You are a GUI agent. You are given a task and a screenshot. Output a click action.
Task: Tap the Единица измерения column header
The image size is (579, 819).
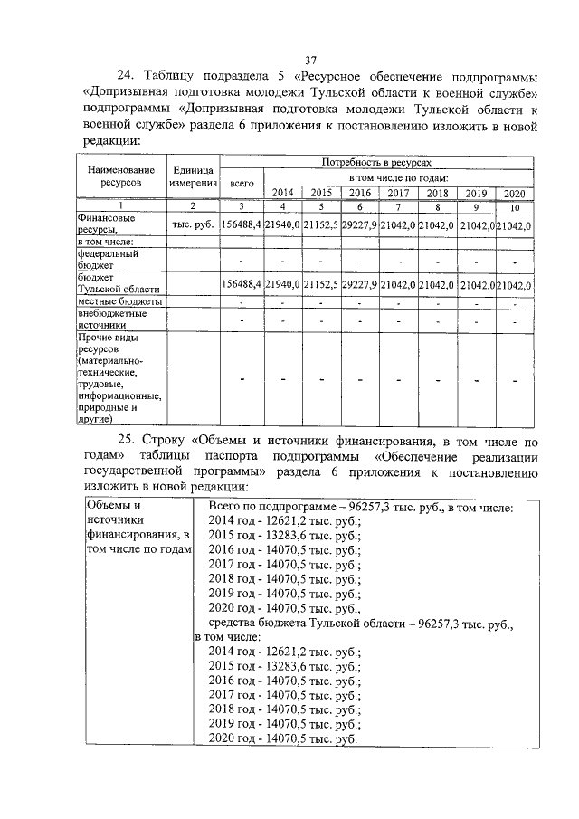193,176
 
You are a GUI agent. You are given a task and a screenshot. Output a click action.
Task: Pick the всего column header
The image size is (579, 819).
242,182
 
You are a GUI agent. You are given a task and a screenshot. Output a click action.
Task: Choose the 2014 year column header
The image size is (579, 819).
283,193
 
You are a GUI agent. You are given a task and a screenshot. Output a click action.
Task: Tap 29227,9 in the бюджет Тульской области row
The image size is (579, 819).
360,285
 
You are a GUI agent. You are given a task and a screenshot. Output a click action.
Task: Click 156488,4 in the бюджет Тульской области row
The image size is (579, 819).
242,285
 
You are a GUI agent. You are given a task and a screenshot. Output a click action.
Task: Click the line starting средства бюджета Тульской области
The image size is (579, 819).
360,624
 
